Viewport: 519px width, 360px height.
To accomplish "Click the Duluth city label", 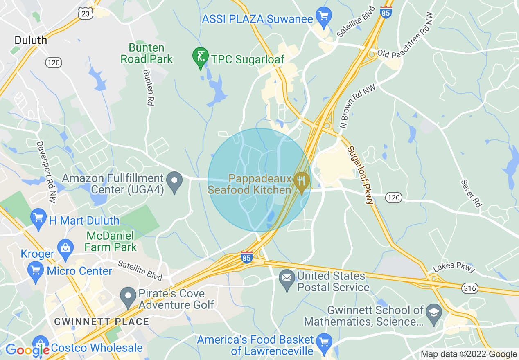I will (x=31, y=40).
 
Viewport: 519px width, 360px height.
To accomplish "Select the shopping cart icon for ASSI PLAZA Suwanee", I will (x=324, y=17).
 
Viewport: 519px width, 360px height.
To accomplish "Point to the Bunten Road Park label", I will (x=147, y=53).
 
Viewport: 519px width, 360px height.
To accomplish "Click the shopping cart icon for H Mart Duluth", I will (x=39, y=219).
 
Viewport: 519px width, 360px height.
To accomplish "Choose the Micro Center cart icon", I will (x=36, y=270).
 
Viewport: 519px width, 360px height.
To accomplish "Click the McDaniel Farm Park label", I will (x=110, y=241).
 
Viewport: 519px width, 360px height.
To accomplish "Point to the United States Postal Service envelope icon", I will (x=286, y=278).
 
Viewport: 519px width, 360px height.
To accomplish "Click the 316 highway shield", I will (x=469, y=288).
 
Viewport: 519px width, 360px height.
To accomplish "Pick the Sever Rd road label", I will (x=470, y=193).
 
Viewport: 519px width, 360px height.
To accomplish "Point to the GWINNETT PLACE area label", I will (x=102, y=322).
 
